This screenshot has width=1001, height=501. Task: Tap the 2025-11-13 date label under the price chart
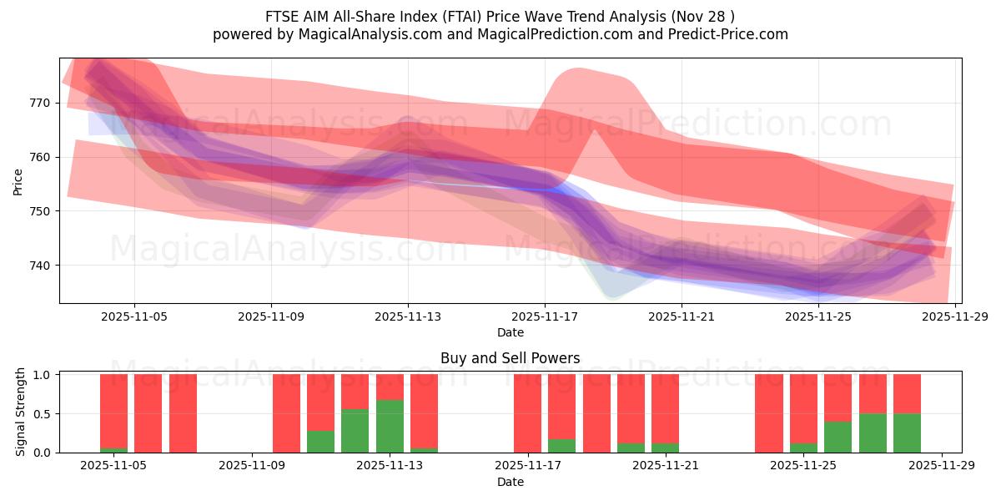[408, 317]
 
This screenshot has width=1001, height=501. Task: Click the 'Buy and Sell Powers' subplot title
[510, 358]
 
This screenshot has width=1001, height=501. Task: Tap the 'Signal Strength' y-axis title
[21, 412]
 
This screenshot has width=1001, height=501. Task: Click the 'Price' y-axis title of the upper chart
[18, 180]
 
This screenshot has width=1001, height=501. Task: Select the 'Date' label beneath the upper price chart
[510, 332]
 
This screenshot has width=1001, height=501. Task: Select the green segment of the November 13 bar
[390, 426]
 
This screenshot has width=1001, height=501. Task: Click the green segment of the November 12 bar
[355, 431]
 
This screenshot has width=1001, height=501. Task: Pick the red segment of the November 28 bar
[907, 393]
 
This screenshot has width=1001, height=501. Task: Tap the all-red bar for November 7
[183, 413]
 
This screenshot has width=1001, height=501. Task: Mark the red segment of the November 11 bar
[321, 402]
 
